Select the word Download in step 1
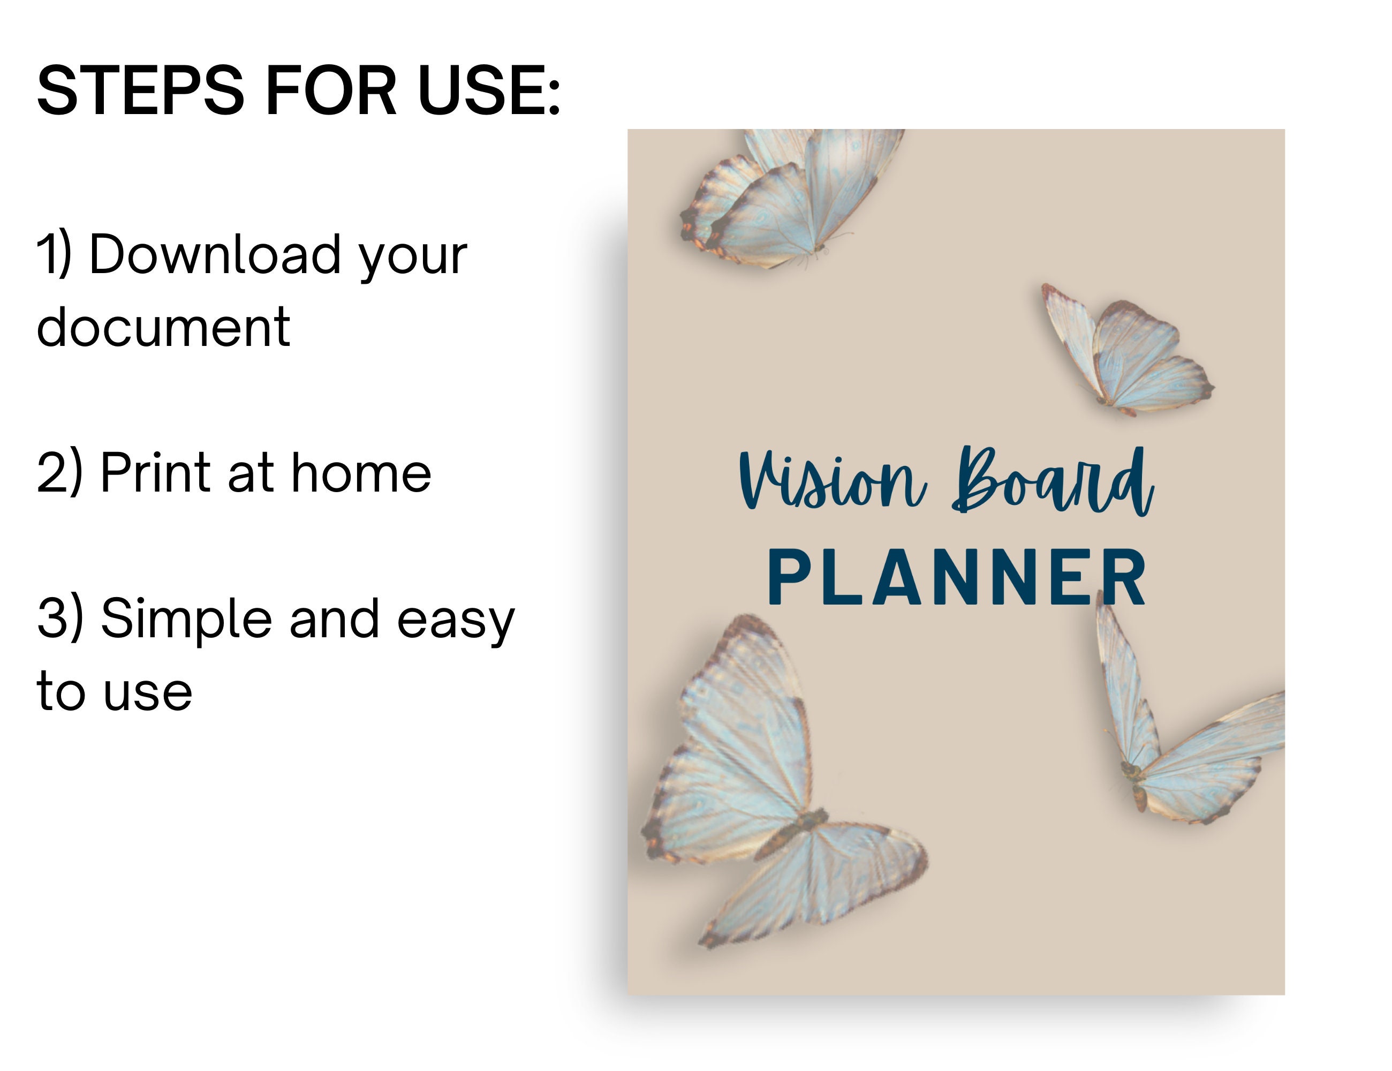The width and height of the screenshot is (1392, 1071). (x=215, y=255)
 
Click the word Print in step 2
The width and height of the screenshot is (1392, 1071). (x=155, y=473)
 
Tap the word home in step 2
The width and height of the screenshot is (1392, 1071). (x=361, y=473)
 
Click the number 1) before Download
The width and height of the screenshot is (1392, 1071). (x=54, y=255)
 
